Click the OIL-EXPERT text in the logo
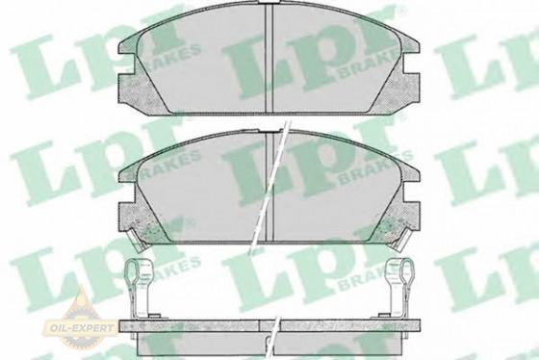pyautogui.click(x=82, y=327)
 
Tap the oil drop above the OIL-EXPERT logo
pyautogui.click(x=82, y=299)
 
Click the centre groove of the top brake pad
pyautogui.click(x=269, y=59)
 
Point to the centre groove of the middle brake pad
pyautogui.click(x=269, y=188)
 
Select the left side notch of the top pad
pyautogui.click(x=126, y=64)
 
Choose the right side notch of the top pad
pyautogui.click(x=412, y=64)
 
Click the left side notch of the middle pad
pyautogui.click(x=126, y=193)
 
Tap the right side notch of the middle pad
pyautogui.click(x=412, y=193)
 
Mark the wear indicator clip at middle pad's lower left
pyautogui.click(x=138, y=239)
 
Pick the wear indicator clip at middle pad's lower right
pyautogui.click(x=400, y=239)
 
